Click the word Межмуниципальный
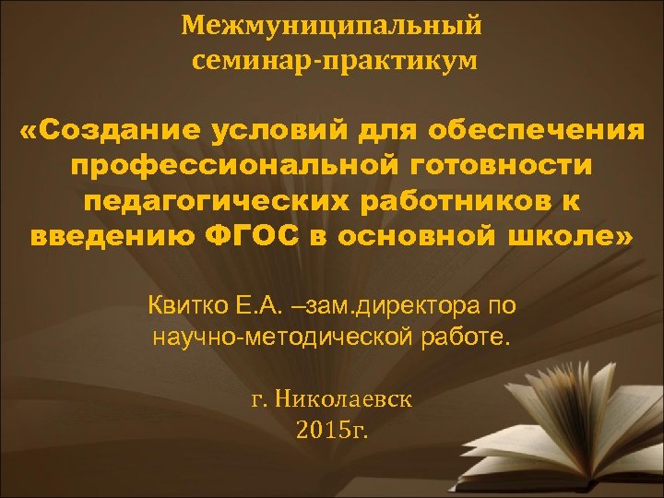tap(331, 24)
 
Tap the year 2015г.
tap(333, 429)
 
